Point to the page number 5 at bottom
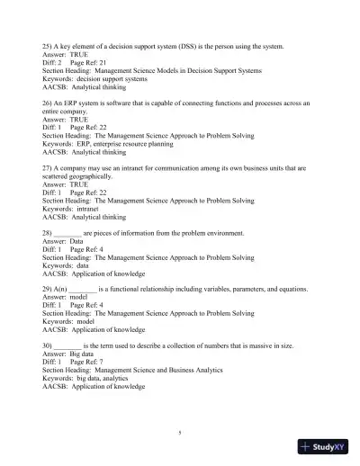pos(180,434)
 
